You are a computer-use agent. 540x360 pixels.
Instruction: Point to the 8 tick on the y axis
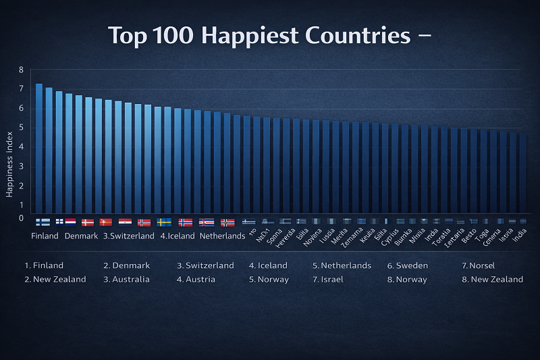(x=21, y=70)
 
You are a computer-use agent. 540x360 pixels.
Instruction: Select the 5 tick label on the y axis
(x=21, y=127)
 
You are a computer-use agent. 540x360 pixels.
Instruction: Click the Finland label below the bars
(x=45, y=236)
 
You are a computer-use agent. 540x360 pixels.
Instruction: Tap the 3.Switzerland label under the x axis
(x=129, y=236)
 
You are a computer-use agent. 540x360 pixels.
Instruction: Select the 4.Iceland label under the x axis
(x=178, y=236)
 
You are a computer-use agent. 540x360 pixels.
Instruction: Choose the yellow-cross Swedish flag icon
(x=164, y=222)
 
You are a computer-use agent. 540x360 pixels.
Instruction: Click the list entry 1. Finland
(x=44, y=265)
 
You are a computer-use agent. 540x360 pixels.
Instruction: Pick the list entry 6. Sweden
(x=407, y=265)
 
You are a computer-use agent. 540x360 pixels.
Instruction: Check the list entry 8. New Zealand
(x=492, y=279)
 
